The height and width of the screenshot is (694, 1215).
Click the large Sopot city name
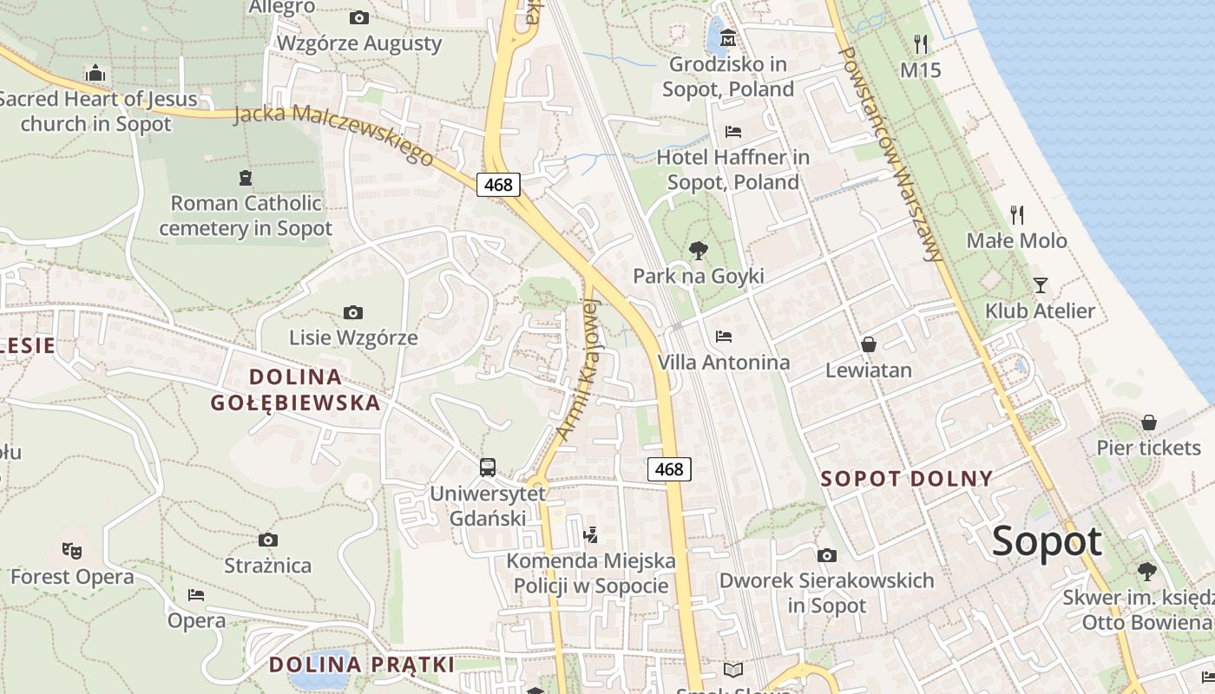coord(1047,541)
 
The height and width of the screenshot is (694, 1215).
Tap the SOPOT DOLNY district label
coord(907,479)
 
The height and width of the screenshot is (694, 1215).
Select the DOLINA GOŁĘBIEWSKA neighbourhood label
coord(295,390)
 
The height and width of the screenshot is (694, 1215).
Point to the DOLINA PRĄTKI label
coord(361,665)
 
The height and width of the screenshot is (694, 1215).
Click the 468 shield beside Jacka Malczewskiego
coord(498,184)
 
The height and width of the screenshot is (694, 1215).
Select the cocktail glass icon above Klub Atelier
coord(1040,285)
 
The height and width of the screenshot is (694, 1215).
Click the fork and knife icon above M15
coord(921,43)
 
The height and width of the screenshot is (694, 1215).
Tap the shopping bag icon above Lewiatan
coord(868,344)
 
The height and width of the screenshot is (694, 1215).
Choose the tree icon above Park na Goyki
coord(698,251)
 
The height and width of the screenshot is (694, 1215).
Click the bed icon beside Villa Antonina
coord(724,337)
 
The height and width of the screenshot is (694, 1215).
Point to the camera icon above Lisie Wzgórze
coord(352,312)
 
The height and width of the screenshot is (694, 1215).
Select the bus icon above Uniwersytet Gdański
coord(488,468)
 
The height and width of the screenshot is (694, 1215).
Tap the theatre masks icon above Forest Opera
coord(72,550)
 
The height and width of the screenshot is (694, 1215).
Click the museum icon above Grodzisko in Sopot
coord(727,38)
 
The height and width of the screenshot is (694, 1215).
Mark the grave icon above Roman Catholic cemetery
coord(245,178)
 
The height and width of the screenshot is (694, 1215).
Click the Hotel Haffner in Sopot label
coord(732,170)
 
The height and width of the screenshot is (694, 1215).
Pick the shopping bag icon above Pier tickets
coord(1148,422)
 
